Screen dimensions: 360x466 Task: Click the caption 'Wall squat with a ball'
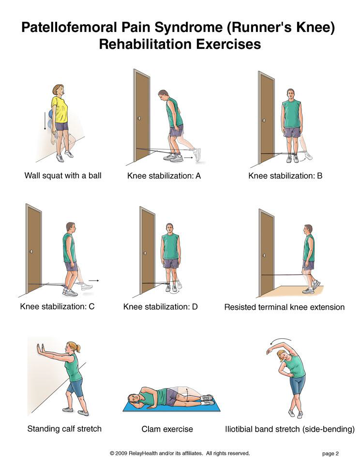63,176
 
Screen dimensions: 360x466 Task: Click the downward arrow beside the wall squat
45,120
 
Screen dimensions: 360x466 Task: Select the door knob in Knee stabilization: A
139,118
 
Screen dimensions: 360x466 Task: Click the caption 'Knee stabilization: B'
285,176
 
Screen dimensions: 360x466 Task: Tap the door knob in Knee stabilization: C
31,252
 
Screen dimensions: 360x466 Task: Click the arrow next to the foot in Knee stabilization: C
94,280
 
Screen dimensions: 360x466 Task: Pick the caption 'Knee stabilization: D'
161,307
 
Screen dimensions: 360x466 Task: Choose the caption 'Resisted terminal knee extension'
285,307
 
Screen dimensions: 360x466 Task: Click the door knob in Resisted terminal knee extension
264,255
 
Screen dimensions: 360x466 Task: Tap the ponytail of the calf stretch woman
78,348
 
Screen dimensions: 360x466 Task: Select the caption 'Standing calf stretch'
64,429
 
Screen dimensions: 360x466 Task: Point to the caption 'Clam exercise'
167,429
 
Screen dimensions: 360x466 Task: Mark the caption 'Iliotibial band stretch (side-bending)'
290,429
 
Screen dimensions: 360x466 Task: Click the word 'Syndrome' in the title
189,28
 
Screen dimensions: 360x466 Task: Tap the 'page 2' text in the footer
330,453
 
